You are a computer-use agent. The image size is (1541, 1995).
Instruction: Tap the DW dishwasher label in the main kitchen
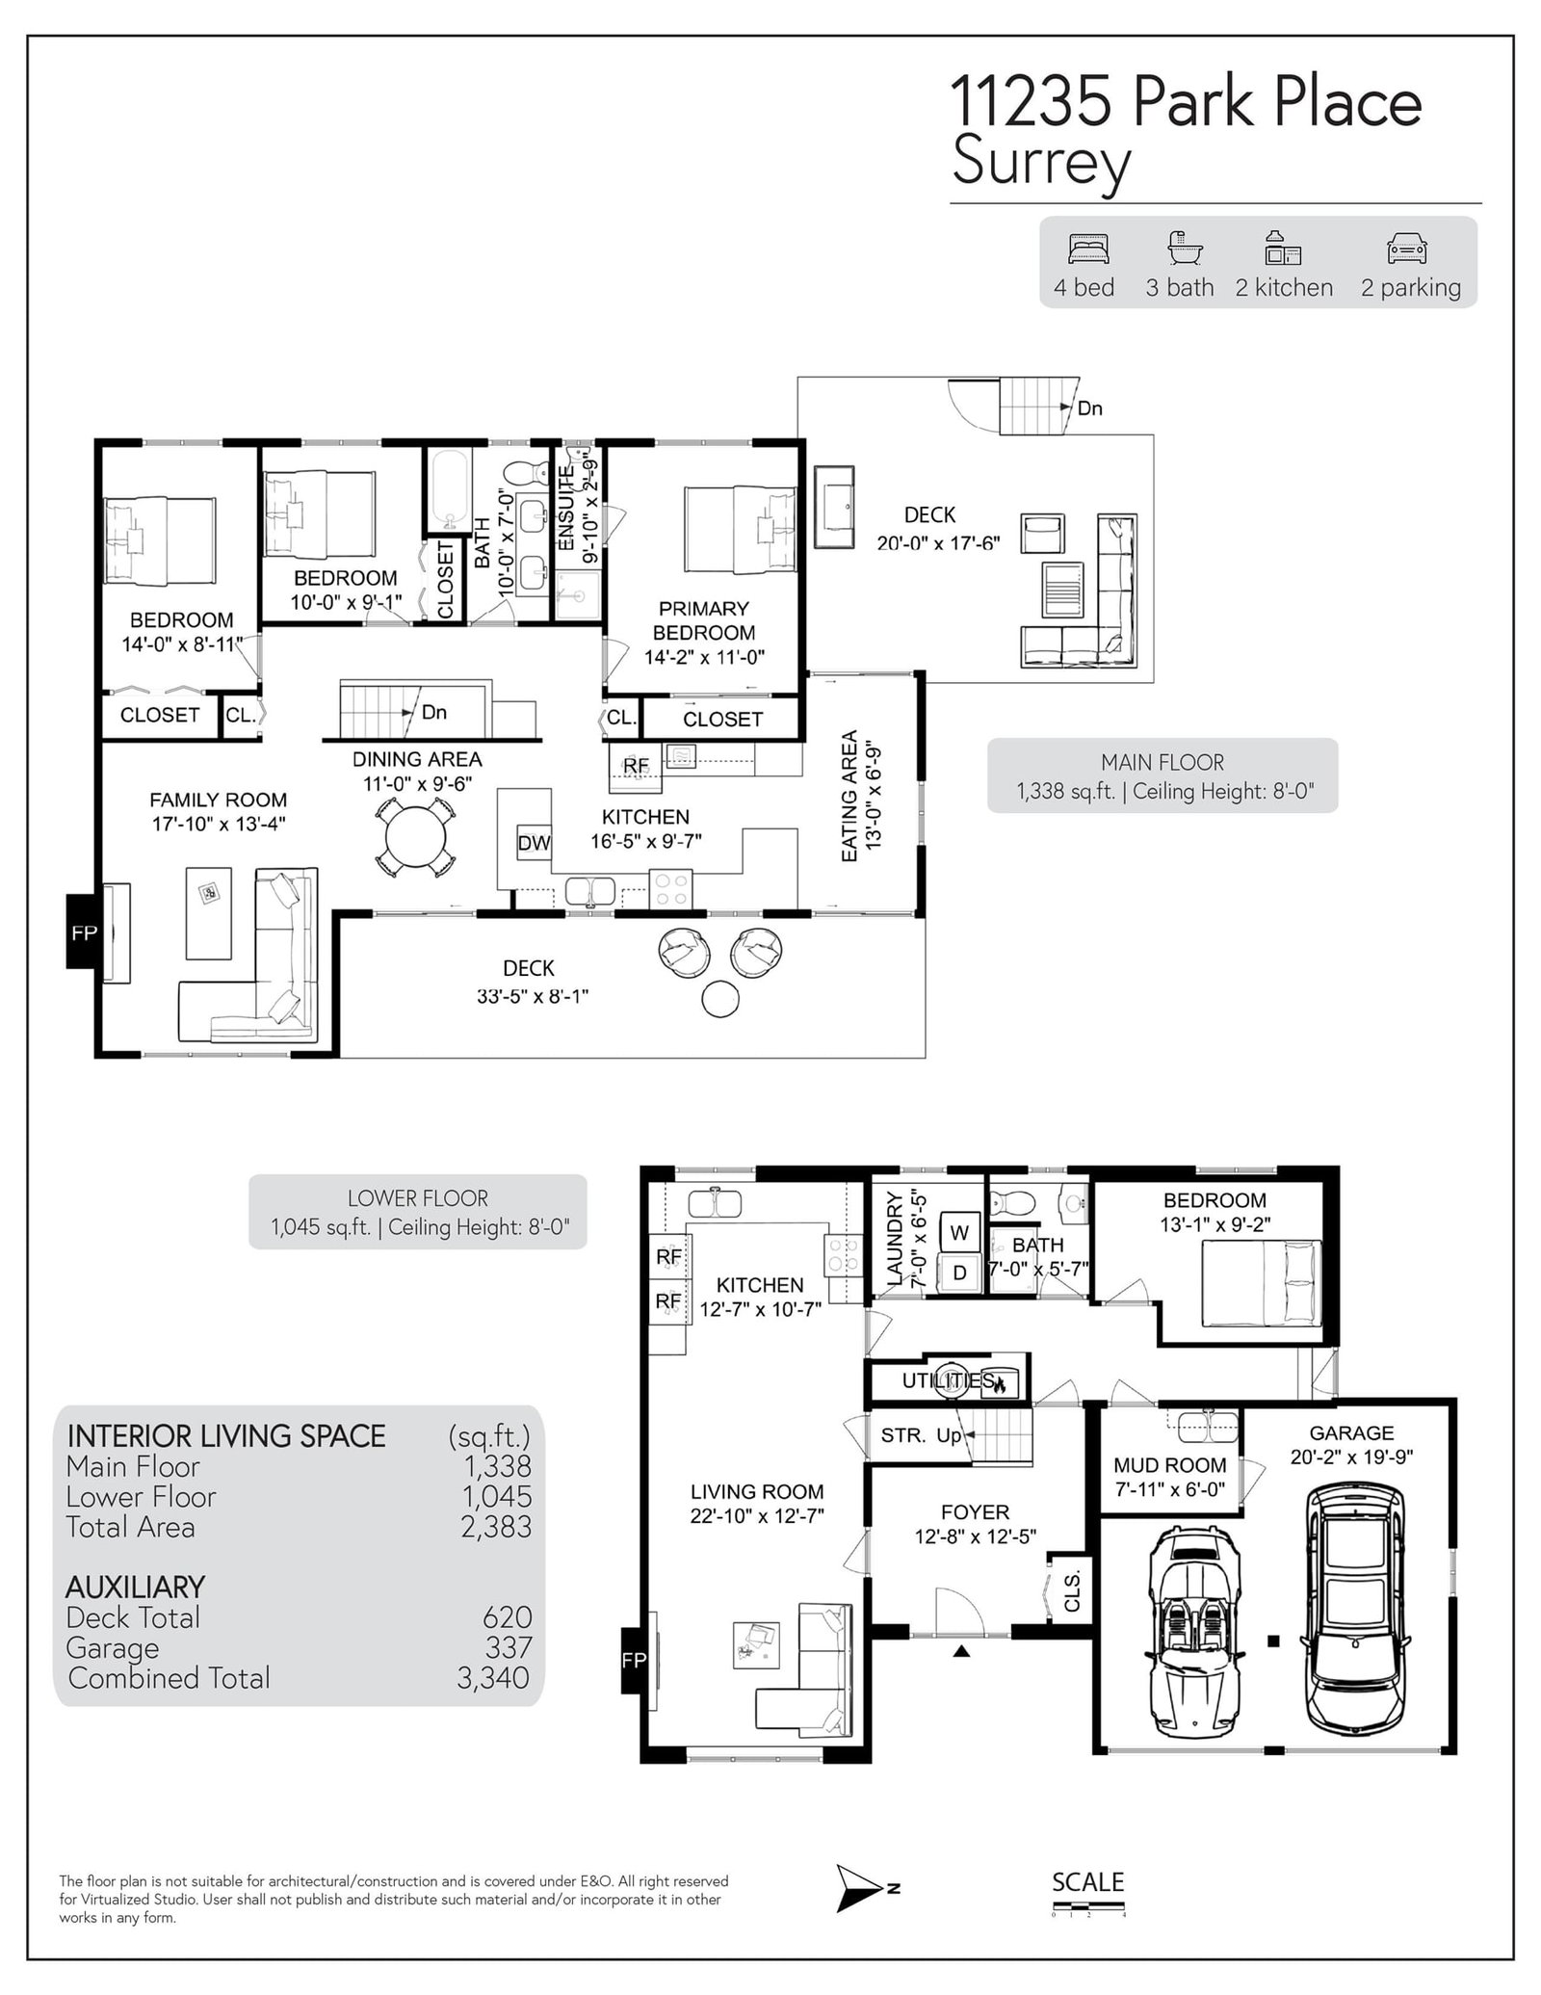click(534, 843)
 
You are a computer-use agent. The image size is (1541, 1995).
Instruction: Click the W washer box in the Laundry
click(959, 1231)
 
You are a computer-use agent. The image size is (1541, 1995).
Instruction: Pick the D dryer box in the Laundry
click(959, 1272)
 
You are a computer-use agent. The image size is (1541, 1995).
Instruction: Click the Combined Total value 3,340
click(493, 1678)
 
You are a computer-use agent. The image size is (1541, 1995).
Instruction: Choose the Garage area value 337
click(509, 1647)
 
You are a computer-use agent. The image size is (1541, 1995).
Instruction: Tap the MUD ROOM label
click(1170, 1465)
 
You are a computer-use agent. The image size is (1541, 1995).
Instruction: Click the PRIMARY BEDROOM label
click(703, 621)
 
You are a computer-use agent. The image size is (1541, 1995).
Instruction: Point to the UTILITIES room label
click(949, 1381)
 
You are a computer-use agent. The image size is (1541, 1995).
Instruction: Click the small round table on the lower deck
click(720, 999)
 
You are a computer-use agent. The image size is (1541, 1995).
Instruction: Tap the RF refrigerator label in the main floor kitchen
click(636, 766)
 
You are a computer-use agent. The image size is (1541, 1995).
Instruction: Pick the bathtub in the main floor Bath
click(449, 491)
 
